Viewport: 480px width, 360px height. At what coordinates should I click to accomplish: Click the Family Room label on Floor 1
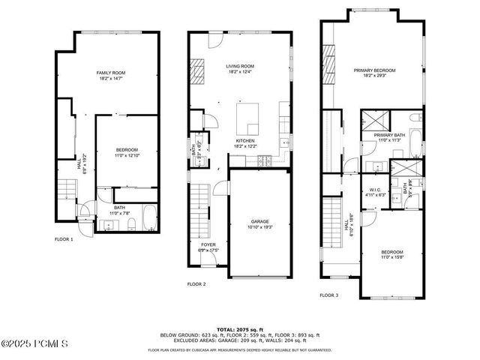click(x=110, y=73)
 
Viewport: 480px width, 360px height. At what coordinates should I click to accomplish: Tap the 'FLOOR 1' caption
click(x=64, y=239)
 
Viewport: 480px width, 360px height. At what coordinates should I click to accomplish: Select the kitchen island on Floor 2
click(x=249, y=116)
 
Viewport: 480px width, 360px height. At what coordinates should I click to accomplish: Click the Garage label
click(x=260, y=222)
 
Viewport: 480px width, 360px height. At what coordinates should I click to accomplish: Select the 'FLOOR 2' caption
click(x=196, y=284)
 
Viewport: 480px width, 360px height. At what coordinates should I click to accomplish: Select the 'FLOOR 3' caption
click(x=329, y=295)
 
